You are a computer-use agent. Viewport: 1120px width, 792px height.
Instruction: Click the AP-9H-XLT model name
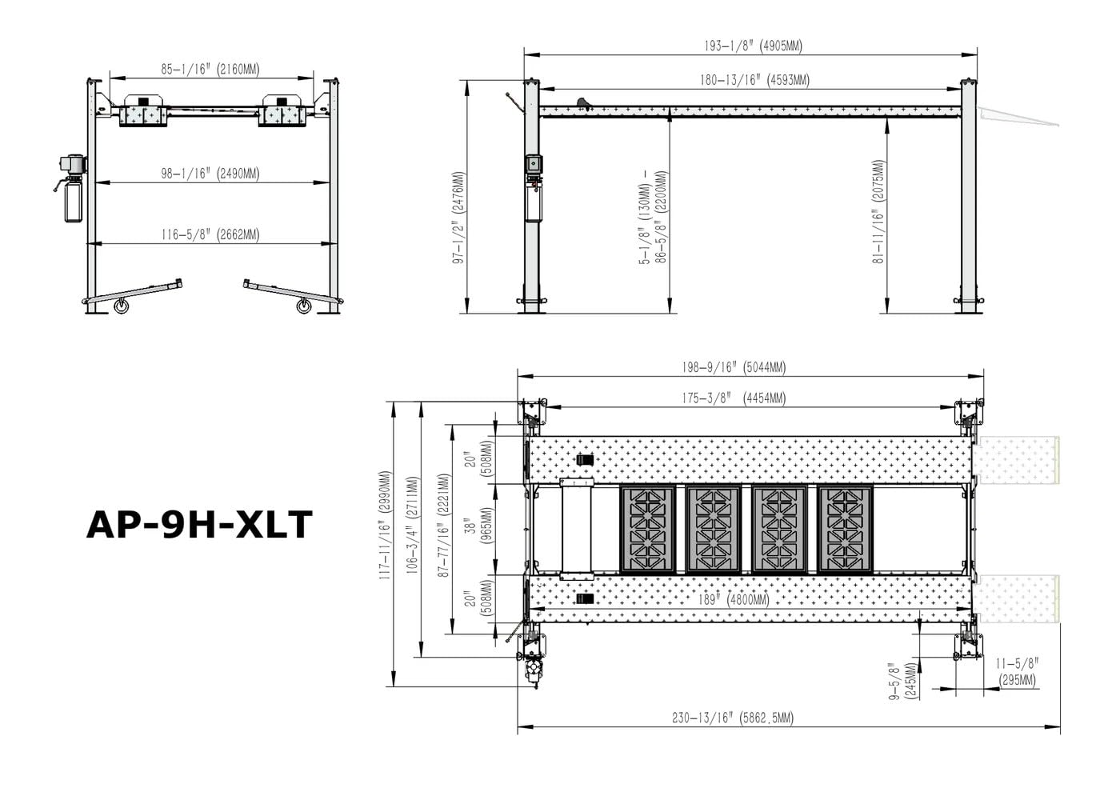(x=199, y=525)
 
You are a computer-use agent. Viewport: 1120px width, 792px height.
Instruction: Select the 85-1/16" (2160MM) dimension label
(x=210, y=69)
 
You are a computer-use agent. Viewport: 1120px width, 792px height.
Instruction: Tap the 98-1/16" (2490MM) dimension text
(x=210, y=174)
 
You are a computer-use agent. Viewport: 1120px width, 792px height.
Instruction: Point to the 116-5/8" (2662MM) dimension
(x=210, y=234)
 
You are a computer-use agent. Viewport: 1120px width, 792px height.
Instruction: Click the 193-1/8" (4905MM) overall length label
(x=753, y=46)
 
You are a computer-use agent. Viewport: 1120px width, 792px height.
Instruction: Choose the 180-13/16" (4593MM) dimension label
(x=754, y=80)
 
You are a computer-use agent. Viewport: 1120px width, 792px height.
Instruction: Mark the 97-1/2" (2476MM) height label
(x=459, y=218)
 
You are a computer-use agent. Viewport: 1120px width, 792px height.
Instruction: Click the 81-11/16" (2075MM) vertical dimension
(x=878, y=211)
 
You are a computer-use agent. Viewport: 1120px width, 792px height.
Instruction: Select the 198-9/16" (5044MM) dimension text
(x=734, y=367)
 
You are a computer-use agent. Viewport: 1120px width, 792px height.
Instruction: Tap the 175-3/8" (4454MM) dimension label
(x=734, y=398)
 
